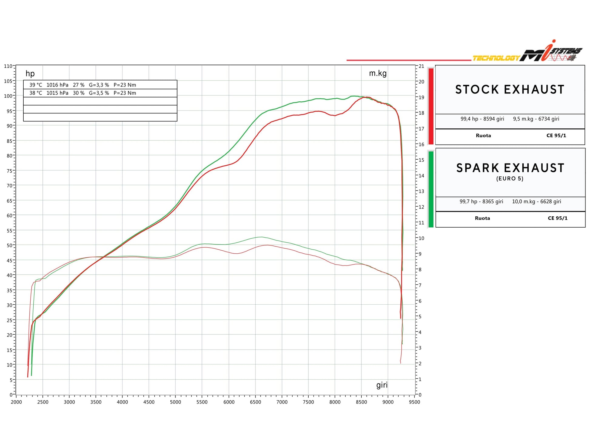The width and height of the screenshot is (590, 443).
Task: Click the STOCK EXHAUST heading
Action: (x=510, y=90)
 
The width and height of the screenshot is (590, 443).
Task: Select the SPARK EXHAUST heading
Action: (x=510, y=168)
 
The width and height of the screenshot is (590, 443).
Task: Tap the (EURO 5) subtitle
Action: (x=510, y=179)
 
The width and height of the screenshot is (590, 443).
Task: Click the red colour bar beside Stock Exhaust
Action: (x=431, y=106)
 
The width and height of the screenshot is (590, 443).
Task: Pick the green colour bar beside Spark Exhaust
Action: (x=431, y=189)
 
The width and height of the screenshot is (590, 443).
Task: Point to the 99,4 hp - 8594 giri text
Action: (x=482, y=119)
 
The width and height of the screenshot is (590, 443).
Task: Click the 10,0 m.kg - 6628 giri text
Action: (x=536, y=201)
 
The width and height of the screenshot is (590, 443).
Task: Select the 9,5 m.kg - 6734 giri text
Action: (x=536, y=119)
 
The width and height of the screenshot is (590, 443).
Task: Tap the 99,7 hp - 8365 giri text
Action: (x=481, y=201)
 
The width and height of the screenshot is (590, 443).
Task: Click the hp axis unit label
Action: (x=30, y=73)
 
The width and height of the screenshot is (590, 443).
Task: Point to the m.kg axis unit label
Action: (x=377, y=73)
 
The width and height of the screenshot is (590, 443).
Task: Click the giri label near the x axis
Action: (x=382, y=385)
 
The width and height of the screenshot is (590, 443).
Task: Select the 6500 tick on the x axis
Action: (x=255, y=402)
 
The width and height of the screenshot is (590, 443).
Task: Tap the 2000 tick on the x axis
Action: (x=16, y=402)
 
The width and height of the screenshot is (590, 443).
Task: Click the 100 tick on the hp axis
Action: (x=8, y=96)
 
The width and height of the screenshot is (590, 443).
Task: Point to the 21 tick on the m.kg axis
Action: (x=421, y=66)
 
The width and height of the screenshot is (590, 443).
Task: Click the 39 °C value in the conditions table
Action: (x=36, y=85)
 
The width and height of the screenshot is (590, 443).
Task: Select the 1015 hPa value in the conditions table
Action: (x=57, y=93)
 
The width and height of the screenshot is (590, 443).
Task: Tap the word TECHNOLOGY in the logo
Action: (x=496, y=58)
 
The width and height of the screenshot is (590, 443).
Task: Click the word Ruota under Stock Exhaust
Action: (x=483, y=136)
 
